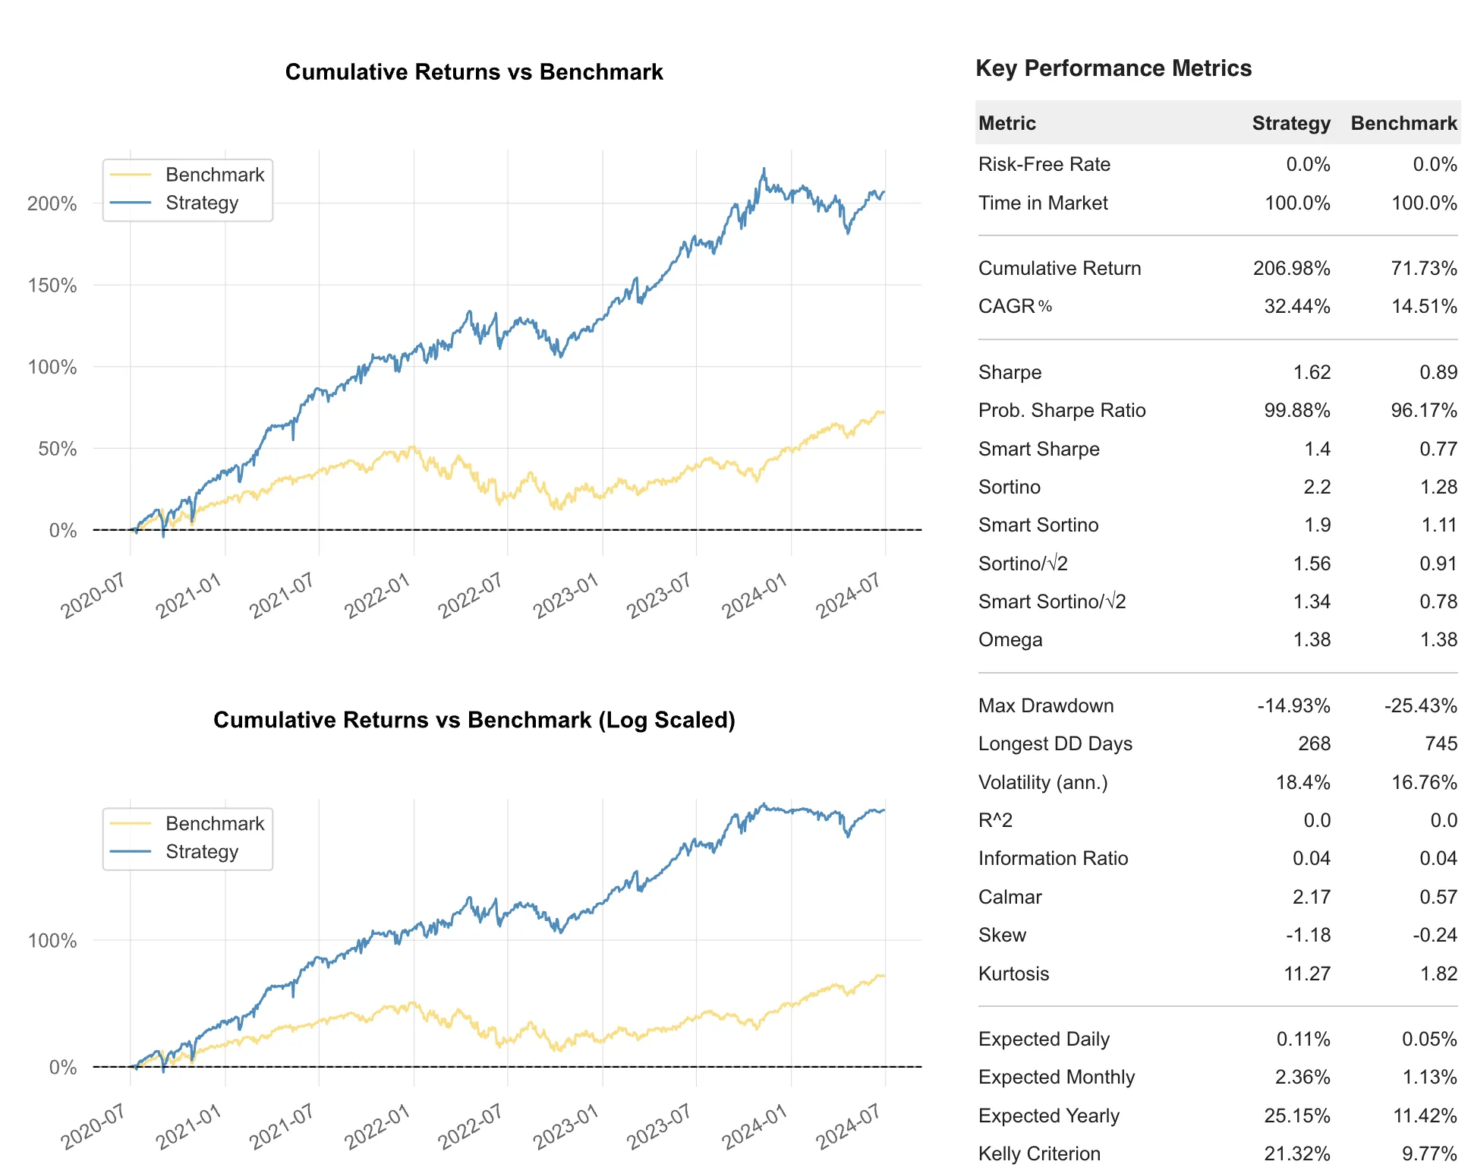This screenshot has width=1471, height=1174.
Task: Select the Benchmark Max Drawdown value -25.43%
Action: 1419,705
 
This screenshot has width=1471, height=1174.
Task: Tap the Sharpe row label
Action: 1010,372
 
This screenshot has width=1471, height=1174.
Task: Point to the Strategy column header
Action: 1290,123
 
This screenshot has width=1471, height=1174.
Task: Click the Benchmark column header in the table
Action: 1403,123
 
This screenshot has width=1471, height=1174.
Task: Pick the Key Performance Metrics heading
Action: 1113,68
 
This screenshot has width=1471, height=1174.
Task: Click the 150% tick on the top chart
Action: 52,286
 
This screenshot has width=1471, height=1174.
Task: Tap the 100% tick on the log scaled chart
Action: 52,941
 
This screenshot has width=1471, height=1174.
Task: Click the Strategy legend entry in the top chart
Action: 201,203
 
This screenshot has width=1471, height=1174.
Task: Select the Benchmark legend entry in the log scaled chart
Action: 214,823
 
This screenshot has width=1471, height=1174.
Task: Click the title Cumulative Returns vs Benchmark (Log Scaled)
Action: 474,720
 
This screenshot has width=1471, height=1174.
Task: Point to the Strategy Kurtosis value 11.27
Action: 1306,974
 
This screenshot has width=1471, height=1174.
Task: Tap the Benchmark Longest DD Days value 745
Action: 1441,743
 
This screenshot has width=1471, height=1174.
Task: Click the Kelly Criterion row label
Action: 1038,1153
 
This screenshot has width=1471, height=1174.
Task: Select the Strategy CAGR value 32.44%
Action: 1296,306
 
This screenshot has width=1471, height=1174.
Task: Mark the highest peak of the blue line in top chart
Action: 764,169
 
